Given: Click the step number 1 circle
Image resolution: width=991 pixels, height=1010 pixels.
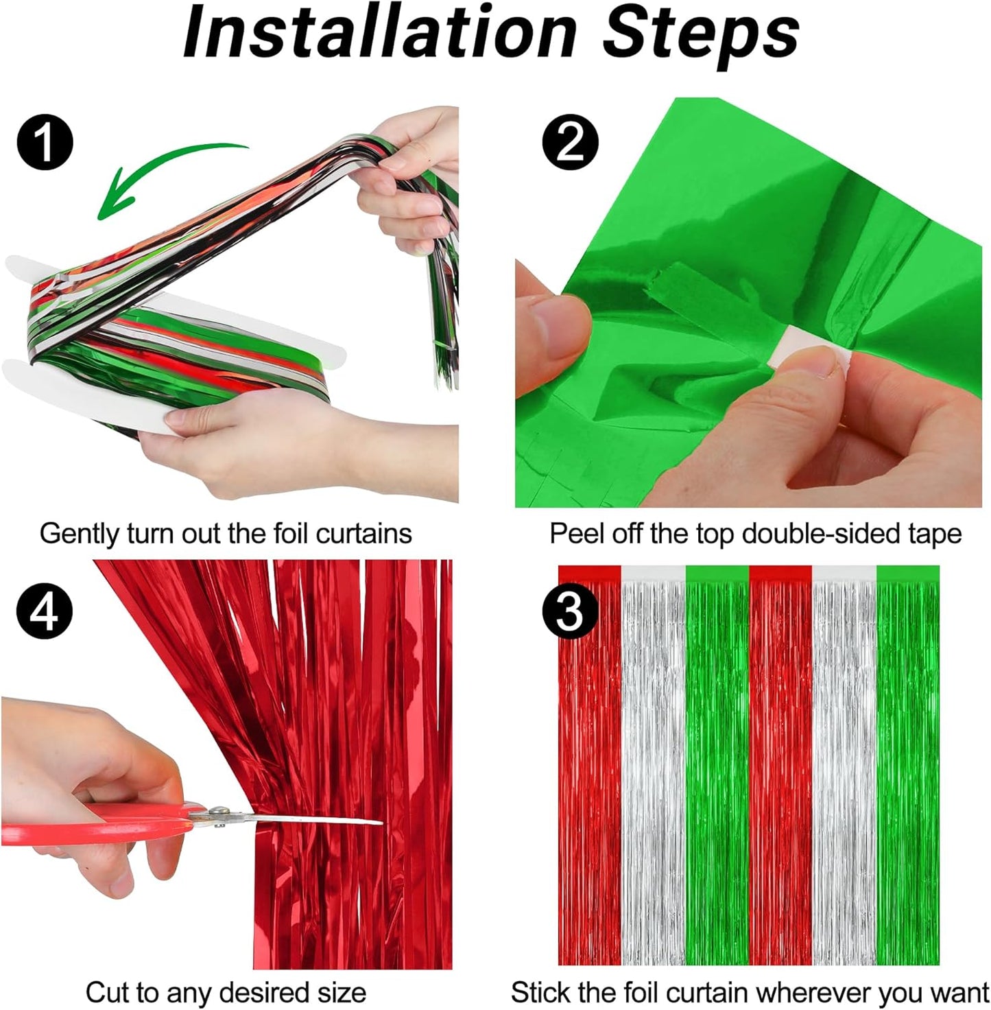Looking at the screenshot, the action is pos(45,143).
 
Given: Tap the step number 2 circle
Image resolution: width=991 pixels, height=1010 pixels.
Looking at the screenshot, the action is pos(570,143).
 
